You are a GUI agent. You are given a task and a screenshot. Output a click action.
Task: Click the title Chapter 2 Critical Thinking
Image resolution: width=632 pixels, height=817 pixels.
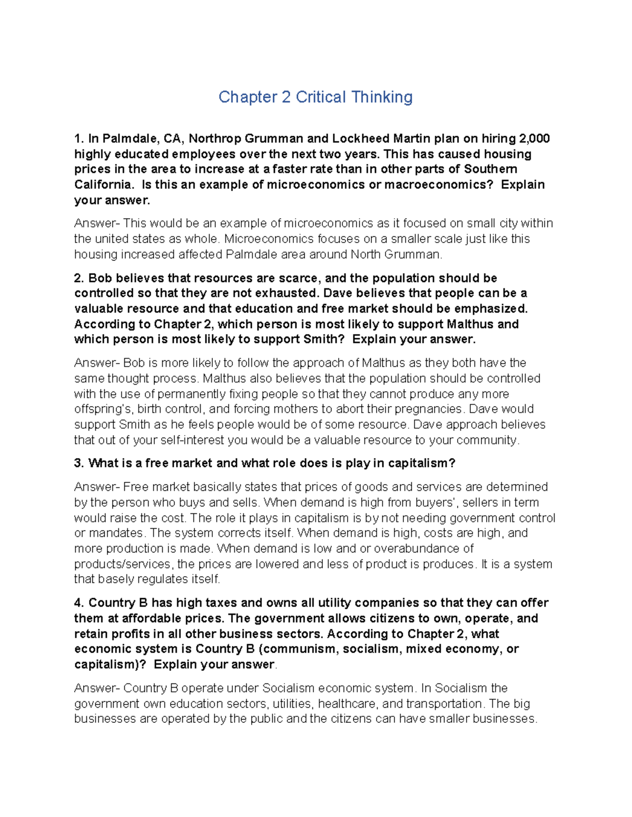315,97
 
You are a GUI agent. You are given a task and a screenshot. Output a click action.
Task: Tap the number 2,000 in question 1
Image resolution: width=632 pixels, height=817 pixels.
535,139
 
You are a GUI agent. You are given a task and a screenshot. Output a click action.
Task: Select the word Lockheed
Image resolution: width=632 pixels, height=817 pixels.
360,139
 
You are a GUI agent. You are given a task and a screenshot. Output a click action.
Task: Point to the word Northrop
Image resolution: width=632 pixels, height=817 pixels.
214,139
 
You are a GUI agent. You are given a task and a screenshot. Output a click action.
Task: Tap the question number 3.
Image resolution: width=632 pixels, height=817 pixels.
79,463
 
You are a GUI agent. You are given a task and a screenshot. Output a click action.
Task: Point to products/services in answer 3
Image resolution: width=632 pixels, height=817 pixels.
122,564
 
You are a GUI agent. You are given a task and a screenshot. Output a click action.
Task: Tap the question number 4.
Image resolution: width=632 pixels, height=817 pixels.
79,603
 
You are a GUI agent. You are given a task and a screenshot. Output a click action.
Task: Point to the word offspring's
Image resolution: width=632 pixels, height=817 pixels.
104,409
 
